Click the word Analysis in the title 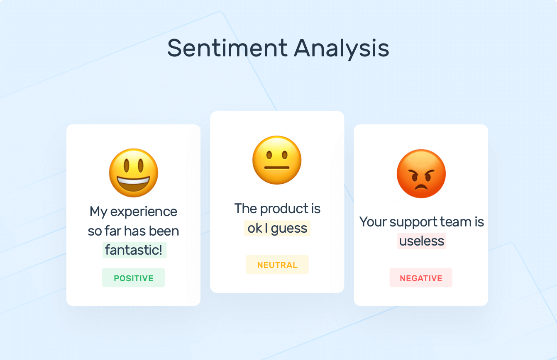tap(342, 49)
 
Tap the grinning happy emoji tap(134, 173)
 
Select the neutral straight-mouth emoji tap(277, 160)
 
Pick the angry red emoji tap(421, 173)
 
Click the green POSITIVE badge tap(134, 278)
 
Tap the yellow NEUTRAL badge tap(277, 265)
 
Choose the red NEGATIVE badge tap(421, 278)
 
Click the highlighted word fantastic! tap(134, 250)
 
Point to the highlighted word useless tap(422, 241)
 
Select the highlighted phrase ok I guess tap(277, 228)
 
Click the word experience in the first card tap(144, 212)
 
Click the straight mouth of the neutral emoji tap(277, 169)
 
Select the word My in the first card tap(98, 212)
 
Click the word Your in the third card tap(372, 222)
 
